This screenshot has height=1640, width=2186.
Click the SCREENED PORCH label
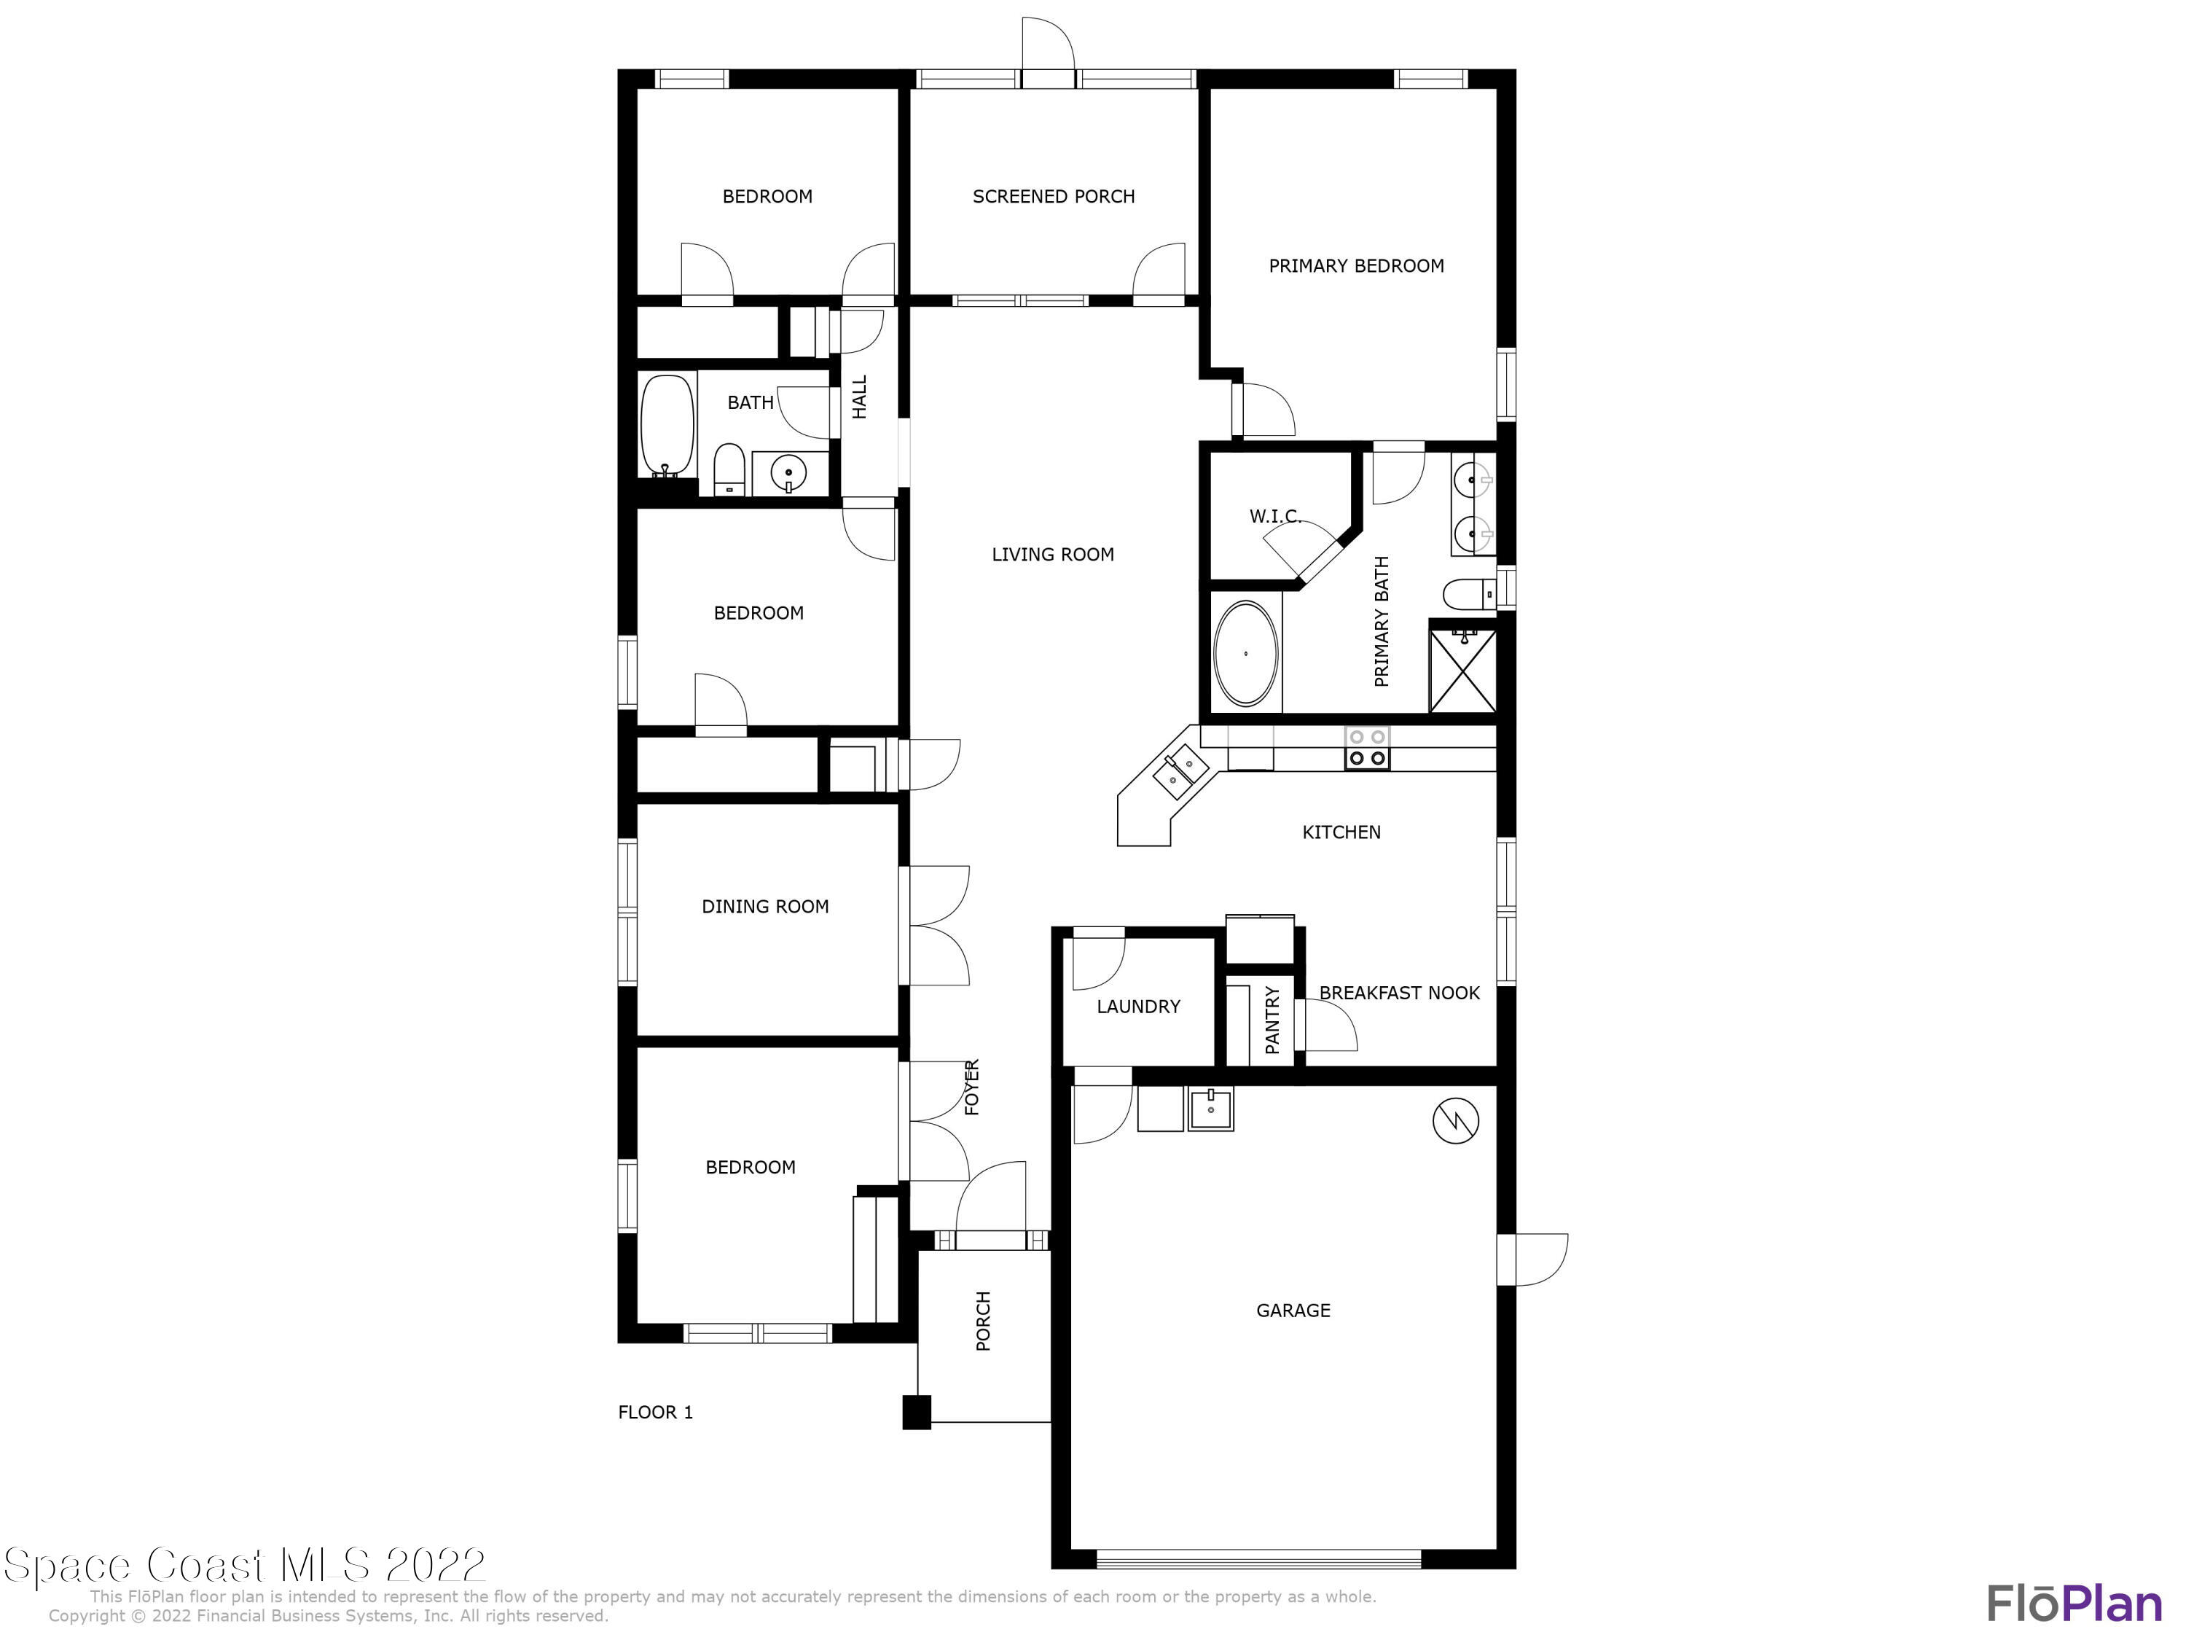tap(1054, 197)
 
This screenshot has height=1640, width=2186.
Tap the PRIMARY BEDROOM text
tap(1356, 266)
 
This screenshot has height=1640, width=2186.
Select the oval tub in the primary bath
tap(1245, 653)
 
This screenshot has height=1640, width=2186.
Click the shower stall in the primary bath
tap(1462, 665)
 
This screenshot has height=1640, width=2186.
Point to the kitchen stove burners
tap(1367, 749)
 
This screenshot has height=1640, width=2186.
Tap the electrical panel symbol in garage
tap(1456, 1120)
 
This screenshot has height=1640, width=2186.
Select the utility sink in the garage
tap(1210, 1109)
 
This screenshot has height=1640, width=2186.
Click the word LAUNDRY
tap(1138, 1007)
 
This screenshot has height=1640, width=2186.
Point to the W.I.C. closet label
tap(1274, 516)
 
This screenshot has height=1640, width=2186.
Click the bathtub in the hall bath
tap(669, 427)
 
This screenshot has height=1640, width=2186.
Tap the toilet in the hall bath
tap(729, 469)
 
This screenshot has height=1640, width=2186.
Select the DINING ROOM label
tap(765, 907)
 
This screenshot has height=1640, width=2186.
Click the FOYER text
tap(971, 1088)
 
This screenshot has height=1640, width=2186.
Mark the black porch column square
tap(916, 1412)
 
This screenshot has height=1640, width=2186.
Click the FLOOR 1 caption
tap(655, 1412)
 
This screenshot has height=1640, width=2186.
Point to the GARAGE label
tap(1293, 1310)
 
